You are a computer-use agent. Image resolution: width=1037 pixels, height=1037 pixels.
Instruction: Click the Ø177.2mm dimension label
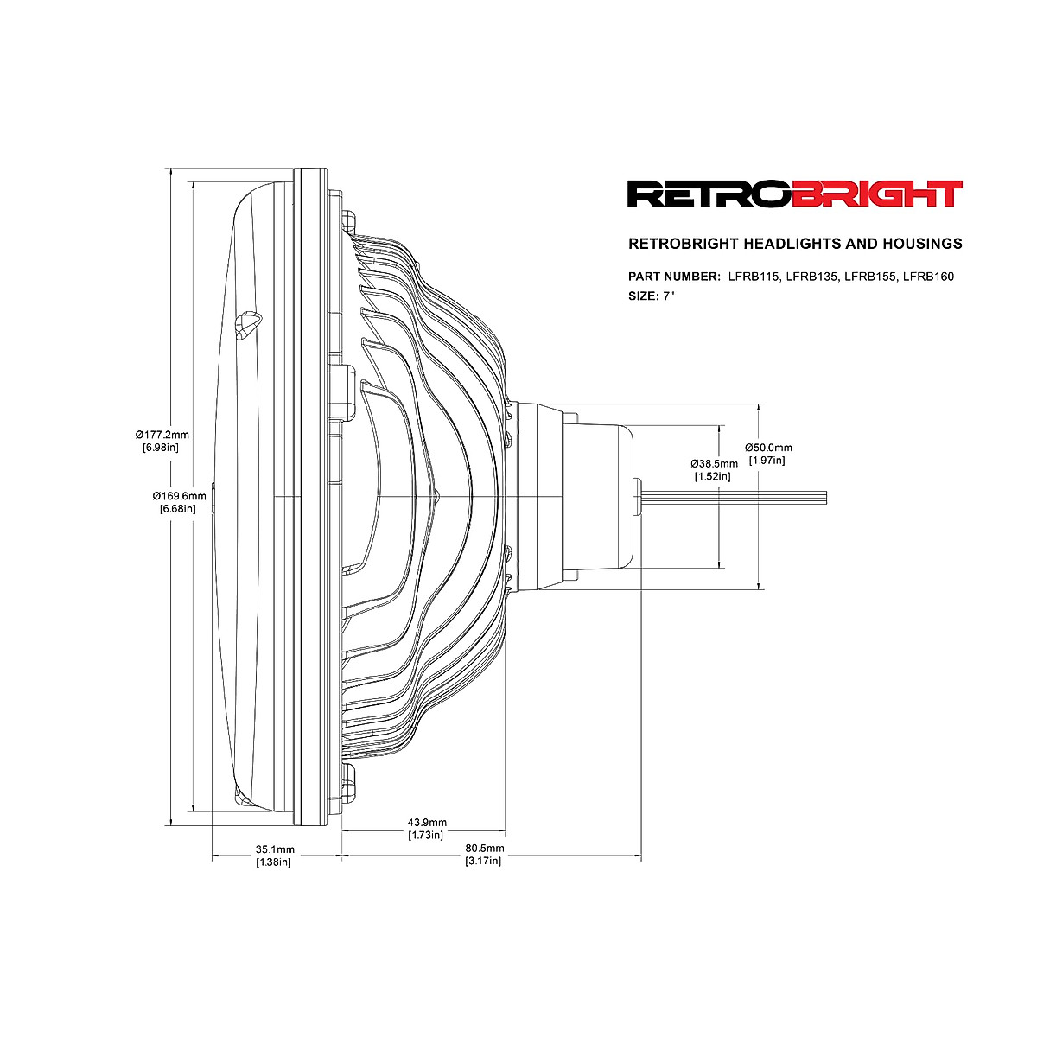pyautogui.click(x=162, y=434)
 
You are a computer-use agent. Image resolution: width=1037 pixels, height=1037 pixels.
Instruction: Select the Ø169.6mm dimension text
pyautogui.click(x=180, y=496)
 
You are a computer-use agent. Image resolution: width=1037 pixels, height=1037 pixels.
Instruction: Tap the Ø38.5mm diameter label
pyautogui.click(x=715, y=463)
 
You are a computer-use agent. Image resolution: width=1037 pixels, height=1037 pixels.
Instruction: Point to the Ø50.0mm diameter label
pyautogui.click(x=768, y=448)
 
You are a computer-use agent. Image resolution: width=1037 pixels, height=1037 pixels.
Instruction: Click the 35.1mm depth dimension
pyautogui.click(x=275, y=849)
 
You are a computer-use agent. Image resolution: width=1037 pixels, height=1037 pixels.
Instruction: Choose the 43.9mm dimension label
pyautogui.click(x=427, y=822)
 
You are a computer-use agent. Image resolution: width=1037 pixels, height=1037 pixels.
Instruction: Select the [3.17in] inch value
pyautogui.click(x=483, y=862)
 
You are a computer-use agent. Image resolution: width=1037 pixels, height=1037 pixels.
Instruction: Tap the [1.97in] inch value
pyautogui.click(x=767, y=461)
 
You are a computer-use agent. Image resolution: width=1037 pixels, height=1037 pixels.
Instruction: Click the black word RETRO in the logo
pyautogui.click(x=709, y=194)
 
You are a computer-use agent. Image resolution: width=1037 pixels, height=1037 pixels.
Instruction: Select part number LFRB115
pyautogui.click(x=754, y=277)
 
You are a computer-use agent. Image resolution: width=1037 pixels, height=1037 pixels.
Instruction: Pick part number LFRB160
pyautogui.click(x=928, y=277)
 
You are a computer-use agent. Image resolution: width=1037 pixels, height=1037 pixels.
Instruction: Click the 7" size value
pyautogui.click(x=668, y=296)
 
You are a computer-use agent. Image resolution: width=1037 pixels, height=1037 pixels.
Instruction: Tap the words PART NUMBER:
pyautogui.click(x=674, y=277)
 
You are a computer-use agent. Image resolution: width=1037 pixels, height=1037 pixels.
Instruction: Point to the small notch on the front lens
pyautogui.click(x=247, y=324)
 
